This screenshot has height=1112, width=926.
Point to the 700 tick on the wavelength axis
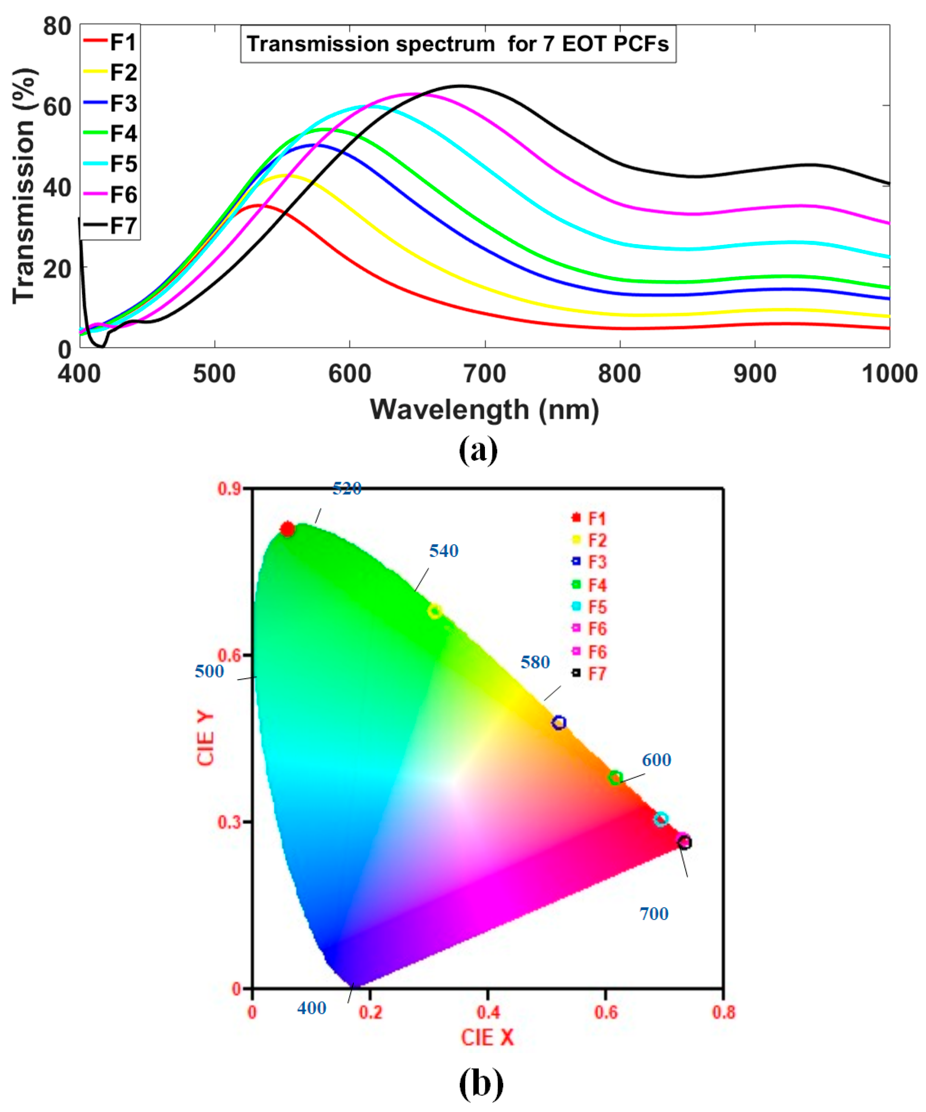pyautogui.click(x=485, y=374)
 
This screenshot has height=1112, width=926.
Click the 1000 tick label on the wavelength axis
pyautogui.click(x=889, y=374)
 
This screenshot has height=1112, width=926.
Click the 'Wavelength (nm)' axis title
pyautogui.click(x=485, y=409)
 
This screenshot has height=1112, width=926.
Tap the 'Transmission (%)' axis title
pyautogui.click(x=24, y=185)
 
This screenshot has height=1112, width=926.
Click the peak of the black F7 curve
pyautogui.click(x=461, y=86)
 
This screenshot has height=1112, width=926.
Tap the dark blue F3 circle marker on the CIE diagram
pyautogui.click(x=559, y=722)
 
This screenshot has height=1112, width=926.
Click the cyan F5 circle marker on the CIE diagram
pyautogui.click(x=660, y=819)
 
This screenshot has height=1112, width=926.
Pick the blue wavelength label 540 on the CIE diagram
pyautogui.click(x=444, y=551)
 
